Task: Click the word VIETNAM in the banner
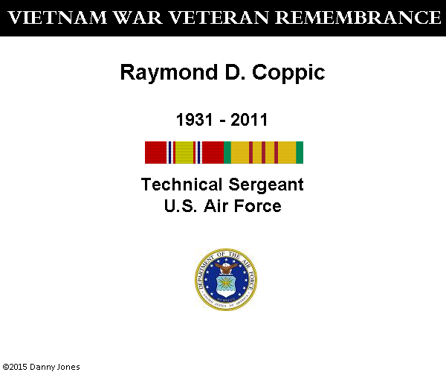click(x=57, y=18)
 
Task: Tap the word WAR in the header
click(x=138, y=18)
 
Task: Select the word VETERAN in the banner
click(x=219, y=18)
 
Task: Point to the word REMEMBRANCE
click(x=358, y=18)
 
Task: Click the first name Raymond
click(x=169, y=73)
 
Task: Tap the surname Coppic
click(x=288, y=73)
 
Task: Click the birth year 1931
click(x=195, y=120)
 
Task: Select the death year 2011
click(x=249, y=120)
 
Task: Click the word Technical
click(x=181, y=185)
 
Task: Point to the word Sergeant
click(x=266, y=185)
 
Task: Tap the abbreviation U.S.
click(x=181, y=206)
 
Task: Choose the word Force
click(x=258, y=206)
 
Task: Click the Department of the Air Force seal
click(x=226, y=279)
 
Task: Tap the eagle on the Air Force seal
click(x=226, y=268)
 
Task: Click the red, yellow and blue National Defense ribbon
click(x=184, y=153)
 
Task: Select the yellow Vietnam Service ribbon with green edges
click(x=264, y=153)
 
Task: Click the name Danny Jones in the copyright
click(x=54, y=367)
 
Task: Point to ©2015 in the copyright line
click(x=15, y=367)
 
